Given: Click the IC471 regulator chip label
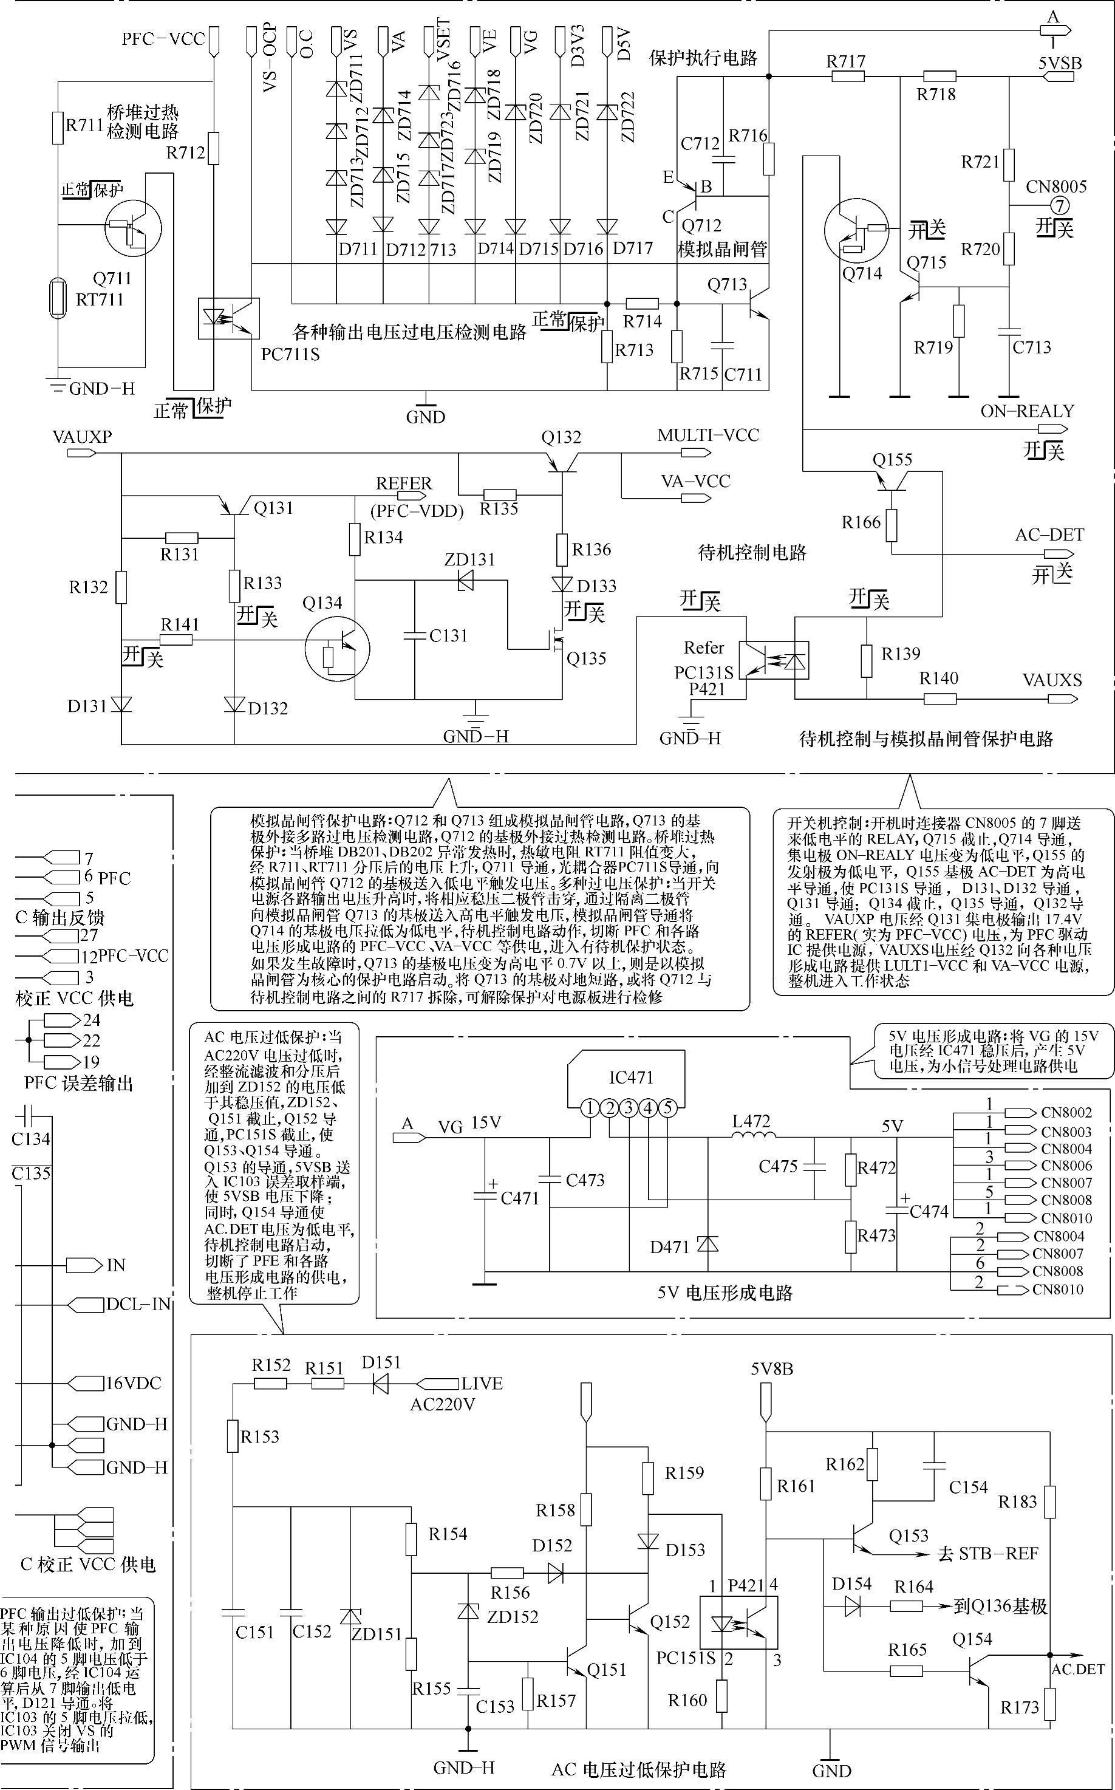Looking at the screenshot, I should click(631, 1078).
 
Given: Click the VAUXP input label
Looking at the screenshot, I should click(82, 437).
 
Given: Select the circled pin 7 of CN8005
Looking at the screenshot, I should click(1057, 206).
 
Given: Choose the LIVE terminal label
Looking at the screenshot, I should click(482, 1384).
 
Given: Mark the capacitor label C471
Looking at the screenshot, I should click(520, 1198).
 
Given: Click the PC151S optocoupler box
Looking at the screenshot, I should click(738, 1622).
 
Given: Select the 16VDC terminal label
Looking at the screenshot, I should click(133, 1383).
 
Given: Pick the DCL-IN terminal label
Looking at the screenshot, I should click(138, 1304).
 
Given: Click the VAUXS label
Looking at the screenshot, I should click(1052, 679).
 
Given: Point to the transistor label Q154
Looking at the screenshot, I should click(972, 1639).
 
